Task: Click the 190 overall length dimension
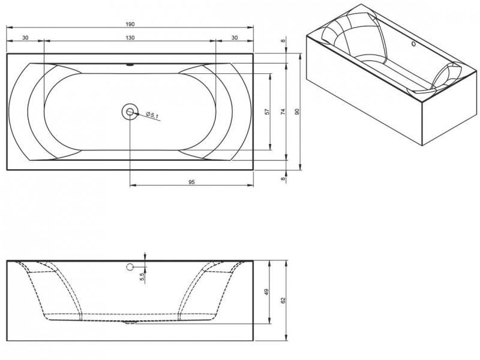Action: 130,24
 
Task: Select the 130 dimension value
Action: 130,38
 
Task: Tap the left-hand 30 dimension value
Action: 25,38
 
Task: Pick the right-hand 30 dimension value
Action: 235,38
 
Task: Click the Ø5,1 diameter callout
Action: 152,115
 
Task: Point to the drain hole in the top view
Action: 130,112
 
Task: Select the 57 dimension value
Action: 267,112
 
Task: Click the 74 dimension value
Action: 283,112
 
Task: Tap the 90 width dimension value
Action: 297,112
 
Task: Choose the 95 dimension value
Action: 191,182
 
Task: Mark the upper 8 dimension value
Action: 283,41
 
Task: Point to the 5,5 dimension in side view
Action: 142,277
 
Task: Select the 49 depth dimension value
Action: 266,292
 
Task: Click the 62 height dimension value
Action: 283,301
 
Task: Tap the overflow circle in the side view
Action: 130,267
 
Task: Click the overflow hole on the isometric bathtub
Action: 413,44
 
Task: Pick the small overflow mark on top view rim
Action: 130,65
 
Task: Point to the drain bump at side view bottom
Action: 130,322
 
